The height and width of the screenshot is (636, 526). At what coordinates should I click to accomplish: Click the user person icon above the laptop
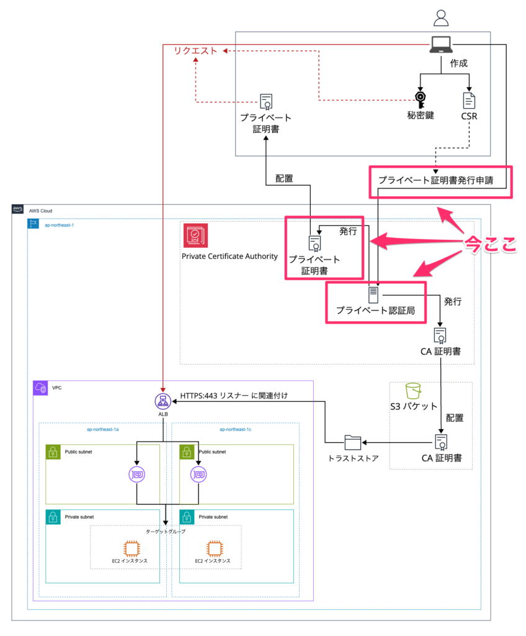[441, 18]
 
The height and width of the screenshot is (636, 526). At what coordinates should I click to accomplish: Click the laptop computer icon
[441, 45]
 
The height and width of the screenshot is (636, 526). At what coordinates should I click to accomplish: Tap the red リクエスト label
[196, 51]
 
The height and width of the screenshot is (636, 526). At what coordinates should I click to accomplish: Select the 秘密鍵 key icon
[420, 99]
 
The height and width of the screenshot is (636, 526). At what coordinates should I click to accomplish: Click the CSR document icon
[469, 101]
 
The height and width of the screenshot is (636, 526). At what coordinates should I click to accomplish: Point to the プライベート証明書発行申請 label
[435, 180]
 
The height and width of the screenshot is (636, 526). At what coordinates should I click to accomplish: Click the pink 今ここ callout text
[491, 245]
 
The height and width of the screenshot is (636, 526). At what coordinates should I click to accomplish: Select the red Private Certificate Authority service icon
[195, 235]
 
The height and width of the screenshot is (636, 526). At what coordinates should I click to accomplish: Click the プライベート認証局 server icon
[373, 295]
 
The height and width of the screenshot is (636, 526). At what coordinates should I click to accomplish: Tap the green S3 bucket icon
[413, 391]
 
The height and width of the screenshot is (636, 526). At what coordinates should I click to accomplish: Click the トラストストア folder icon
[352, 442]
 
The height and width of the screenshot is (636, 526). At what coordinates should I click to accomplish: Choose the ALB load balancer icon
[163, 401]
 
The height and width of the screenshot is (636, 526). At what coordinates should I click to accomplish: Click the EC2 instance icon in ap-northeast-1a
[131, 548]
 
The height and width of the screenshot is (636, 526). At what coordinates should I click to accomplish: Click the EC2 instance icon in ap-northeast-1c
[215, 548]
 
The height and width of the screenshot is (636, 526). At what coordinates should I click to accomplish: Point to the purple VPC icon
[40, 388]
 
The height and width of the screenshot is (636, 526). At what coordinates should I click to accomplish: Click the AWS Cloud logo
[17, 209]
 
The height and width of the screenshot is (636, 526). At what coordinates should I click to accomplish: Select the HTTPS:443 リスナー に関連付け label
[234, 396]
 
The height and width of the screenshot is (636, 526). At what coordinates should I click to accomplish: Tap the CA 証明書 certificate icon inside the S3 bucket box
[441, 442]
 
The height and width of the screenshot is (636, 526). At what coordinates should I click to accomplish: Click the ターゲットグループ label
[166, 532]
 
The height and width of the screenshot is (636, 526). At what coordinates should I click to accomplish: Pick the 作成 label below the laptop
[459, 63]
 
